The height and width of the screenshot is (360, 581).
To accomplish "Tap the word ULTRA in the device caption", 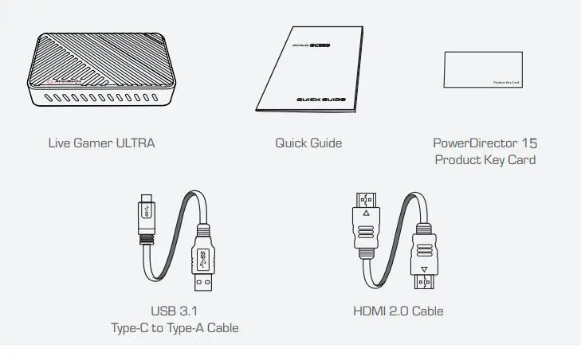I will [135, 143].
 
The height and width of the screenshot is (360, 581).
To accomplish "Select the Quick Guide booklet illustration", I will [309, 70].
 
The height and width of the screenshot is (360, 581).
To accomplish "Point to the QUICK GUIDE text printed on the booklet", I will [321, 99].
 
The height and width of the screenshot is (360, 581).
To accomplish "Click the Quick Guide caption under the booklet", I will [308, 143].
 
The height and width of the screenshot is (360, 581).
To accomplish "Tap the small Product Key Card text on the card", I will [507, 82].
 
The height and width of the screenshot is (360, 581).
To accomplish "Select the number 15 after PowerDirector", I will [529, 143].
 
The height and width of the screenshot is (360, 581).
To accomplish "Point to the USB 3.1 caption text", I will [174, 311].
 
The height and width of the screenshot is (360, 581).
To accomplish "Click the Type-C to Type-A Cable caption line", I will [175, 327].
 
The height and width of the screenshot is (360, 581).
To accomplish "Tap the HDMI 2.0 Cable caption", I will [398, 311].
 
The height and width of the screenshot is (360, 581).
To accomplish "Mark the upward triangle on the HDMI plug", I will [366, 213].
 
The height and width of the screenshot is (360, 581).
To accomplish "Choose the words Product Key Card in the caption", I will [485, 160].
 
